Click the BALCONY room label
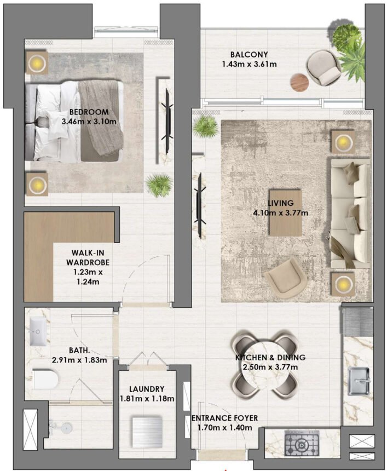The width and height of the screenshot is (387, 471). click(249, 55)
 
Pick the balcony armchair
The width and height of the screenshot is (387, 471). click(324, 68)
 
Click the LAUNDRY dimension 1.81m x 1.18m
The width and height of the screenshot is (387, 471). click(148, 399)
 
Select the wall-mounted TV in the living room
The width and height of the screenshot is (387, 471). click(199, 205)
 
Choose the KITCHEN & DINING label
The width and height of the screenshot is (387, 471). click(270, 358)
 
